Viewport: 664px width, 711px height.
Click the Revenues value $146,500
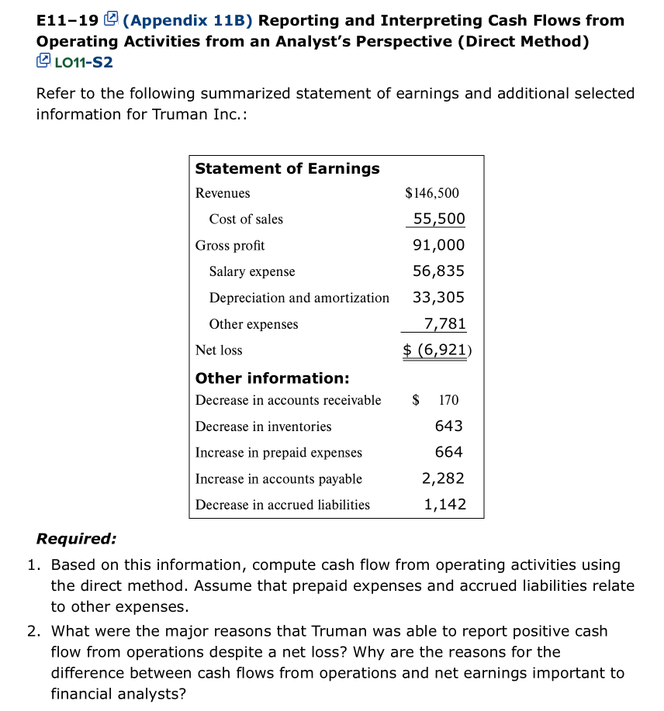pos(432,193)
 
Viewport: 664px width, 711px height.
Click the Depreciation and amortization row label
pos(299,298)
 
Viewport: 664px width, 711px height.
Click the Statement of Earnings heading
pos(287,168)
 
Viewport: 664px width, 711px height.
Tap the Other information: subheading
pos(272,378)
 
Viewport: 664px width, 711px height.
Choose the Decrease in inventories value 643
pos(448,426)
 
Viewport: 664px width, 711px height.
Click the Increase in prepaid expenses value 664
pos(448,452)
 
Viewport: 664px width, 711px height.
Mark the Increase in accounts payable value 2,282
pos(444,478)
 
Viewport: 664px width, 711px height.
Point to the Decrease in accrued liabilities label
pos(282,505)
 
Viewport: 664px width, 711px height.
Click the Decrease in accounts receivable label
pos(288,400)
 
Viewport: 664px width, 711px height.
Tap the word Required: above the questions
pos(77,539)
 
